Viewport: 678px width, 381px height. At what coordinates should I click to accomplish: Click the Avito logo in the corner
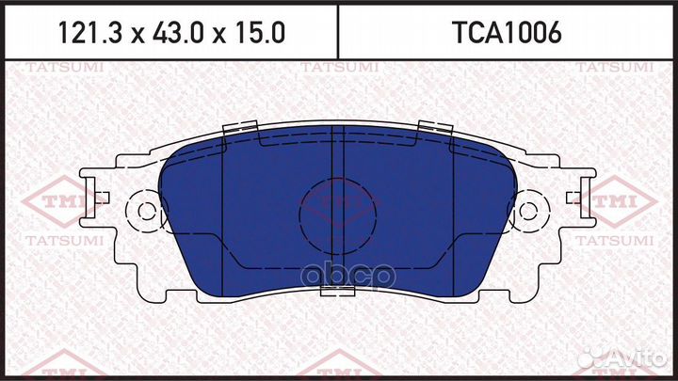tap(625, 358)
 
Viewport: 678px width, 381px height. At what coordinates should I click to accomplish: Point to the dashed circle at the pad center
tap(338, 211)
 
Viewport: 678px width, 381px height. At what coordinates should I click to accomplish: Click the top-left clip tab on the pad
tap(241, 131)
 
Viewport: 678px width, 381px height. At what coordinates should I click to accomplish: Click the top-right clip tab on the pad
tap(435, 131)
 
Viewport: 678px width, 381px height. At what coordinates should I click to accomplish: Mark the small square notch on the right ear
tap(573, 197)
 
